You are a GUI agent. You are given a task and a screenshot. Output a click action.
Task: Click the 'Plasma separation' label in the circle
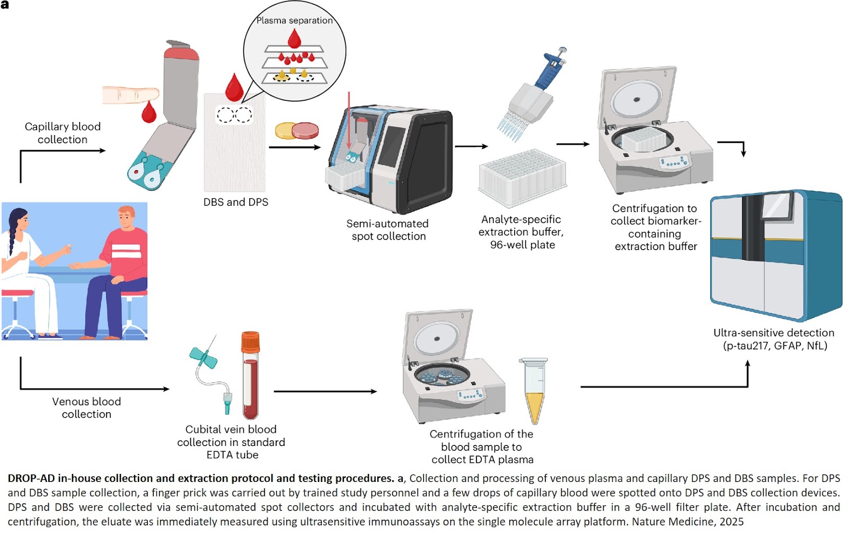(x=294, y=21)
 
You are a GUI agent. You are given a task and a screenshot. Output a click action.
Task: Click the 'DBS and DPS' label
(x=236, y=202)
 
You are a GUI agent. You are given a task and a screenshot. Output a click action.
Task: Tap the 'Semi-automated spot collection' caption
(x=388, y=230)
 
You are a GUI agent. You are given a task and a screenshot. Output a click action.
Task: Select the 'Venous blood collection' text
(x=86, y=408)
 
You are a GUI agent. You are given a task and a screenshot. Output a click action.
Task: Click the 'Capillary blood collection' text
(x=63, y=133)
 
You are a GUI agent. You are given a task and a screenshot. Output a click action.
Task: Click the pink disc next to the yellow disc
(x=306, y=130)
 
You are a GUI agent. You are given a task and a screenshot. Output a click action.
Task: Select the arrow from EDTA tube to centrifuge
(x=325, y=392)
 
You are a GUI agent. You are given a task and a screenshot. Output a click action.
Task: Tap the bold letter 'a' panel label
(x=5, y=5)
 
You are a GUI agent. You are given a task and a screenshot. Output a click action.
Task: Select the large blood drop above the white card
(x=234, y=87)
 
